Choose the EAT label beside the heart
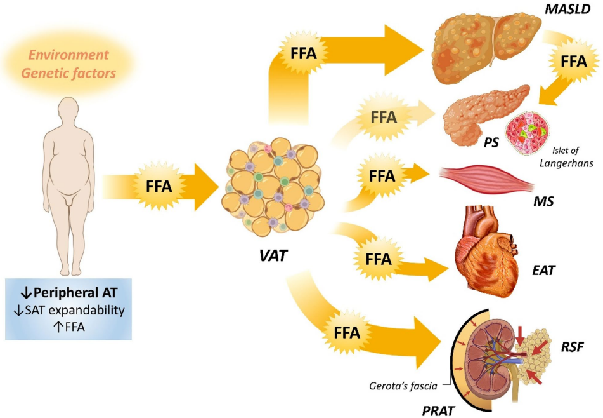click(x=543, y=271)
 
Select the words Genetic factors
click(x=68, y=73)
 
